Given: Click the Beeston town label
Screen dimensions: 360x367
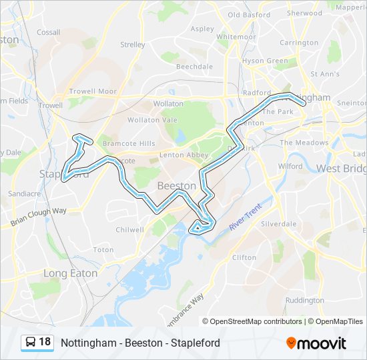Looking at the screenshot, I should (177, 185).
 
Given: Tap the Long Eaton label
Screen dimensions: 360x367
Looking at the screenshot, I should (70, 273).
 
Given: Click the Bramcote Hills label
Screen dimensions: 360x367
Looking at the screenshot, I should (128, 143).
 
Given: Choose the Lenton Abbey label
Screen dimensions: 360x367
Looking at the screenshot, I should (184, 155).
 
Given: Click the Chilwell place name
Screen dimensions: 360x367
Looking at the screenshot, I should (130, 229).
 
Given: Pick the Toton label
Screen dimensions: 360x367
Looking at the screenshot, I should (103, 249).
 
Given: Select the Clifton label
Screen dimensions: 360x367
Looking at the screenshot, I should (244, 257).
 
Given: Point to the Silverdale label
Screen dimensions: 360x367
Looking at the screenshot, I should (279, 224).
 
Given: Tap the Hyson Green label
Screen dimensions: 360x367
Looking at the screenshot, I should (265, 61).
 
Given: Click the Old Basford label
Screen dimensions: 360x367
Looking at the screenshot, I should (249, 15).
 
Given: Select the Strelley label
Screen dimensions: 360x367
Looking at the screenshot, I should (132, 45).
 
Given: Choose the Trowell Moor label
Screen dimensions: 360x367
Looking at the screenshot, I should (93, 91).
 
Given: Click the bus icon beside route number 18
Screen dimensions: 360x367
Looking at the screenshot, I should (31, 343).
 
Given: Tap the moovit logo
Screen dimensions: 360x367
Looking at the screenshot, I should (316, 343).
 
